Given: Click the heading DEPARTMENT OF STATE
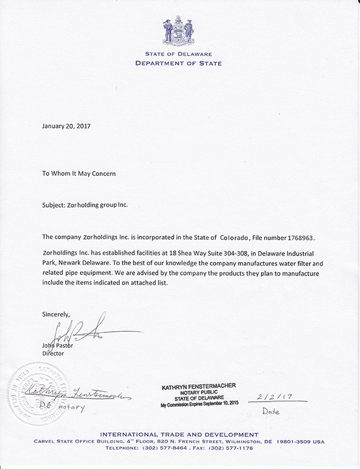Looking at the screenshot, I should point(179,63).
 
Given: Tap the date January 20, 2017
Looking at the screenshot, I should point(66,125).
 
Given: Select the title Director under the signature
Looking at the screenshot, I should point(53,354).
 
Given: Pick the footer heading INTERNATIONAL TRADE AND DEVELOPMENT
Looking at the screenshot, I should point(179,434).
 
